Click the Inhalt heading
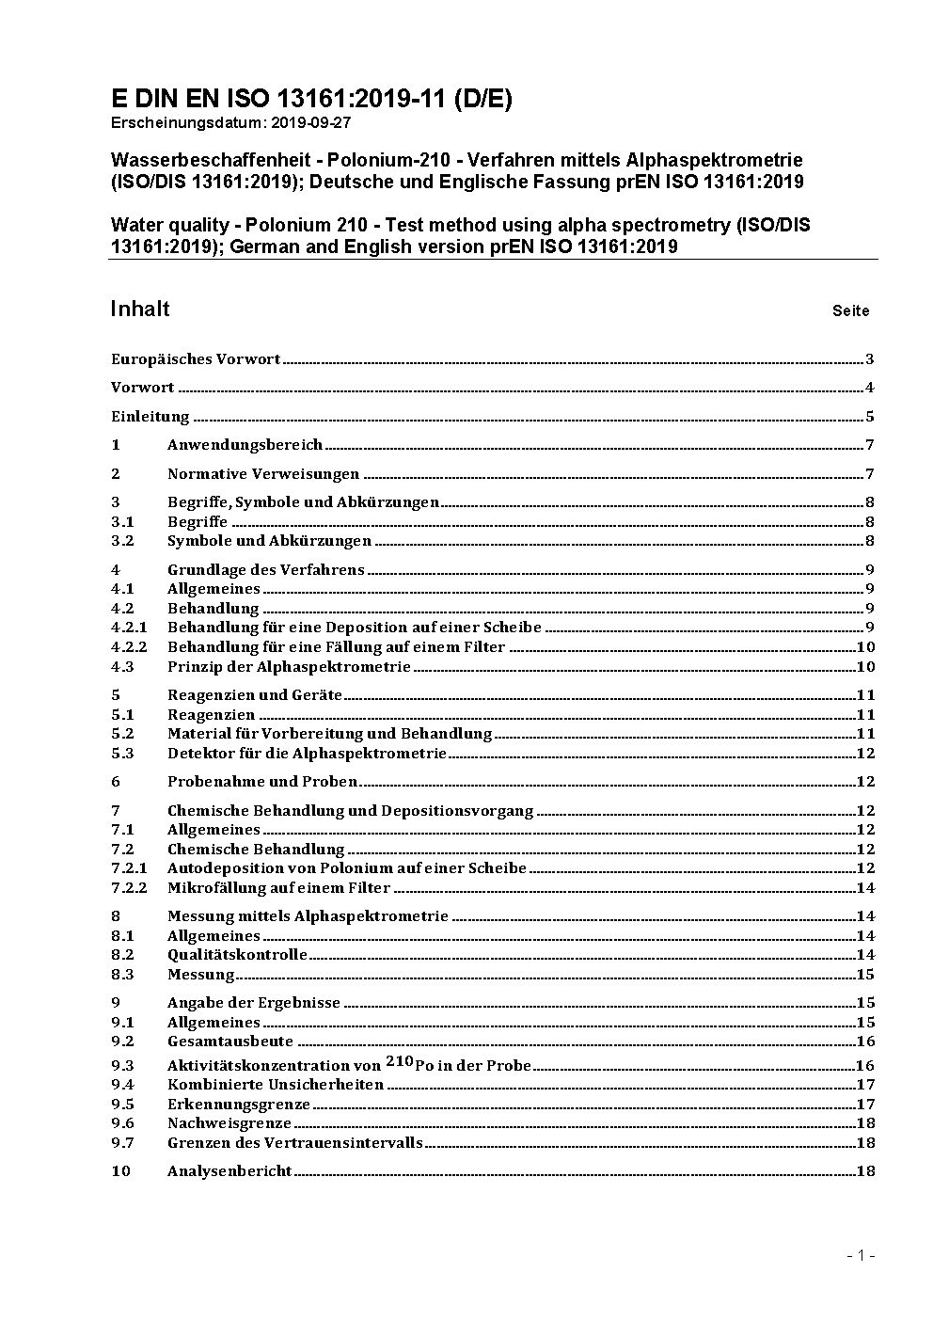click(x=140, y=309)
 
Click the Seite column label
click(x=850, y=310)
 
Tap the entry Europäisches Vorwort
click(x=196, y=358)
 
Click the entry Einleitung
click(x=150, y=416)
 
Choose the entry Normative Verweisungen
click(x=263, y=473)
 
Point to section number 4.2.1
click(x=129, y=627)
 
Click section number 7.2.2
click(x=129, y=887)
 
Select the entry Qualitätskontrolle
click(x=237, y=954)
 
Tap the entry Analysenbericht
click(x=229, y=1170)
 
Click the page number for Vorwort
click(x=870, y=388)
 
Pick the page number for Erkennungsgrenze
click(x=865, y=1104)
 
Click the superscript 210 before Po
click(x=398, y=1061)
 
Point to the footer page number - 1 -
click(x=861, y=1254)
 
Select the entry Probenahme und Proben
click(x=262, y=781)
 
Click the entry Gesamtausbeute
click(x=230, y=1041)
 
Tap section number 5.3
click(x=122, y=753)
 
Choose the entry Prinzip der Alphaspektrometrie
click(x=289, y=666)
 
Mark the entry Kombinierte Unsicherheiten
click(x=276, y=1084)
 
